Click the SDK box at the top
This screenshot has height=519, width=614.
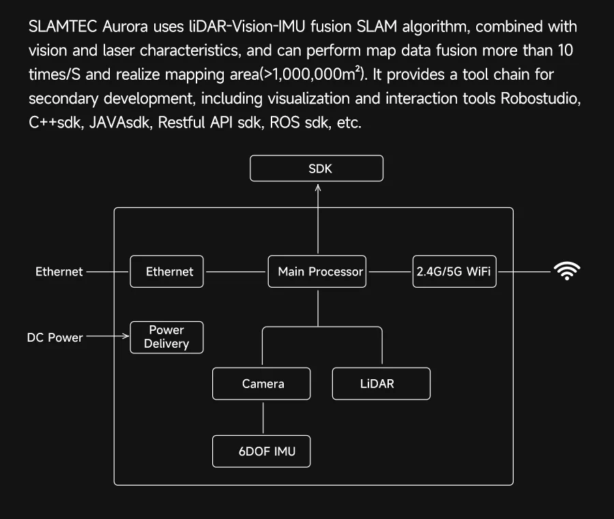[317, 168]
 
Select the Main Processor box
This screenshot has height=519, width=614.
[317, 271]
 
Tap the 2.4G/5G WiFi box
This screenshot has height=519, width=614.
[454, 271]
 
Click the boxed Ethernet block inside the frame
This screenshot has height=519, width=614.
[166, 271]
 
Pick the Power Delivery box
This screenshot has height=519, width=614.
[166, 337]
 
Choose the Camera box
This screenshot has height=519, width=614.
[261, 383]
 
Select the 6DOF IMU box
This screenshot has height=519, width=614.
[261, 451]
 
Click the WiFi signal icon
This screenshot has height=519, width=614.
[567, 271]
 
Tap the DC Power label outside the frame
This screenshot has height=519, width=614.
[55, 337]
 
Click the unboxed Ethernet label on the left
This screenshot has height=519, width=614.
[59, 271]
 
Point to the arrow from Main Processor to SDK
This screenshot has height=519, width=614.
[317, 218]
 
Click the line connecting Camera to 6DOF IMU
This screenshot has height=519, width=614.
[262, 417]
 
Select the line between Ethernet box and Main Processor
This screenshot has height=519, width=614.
[235, 271]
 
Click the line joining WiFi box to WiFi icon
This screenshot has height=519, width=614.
[523, 271]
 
